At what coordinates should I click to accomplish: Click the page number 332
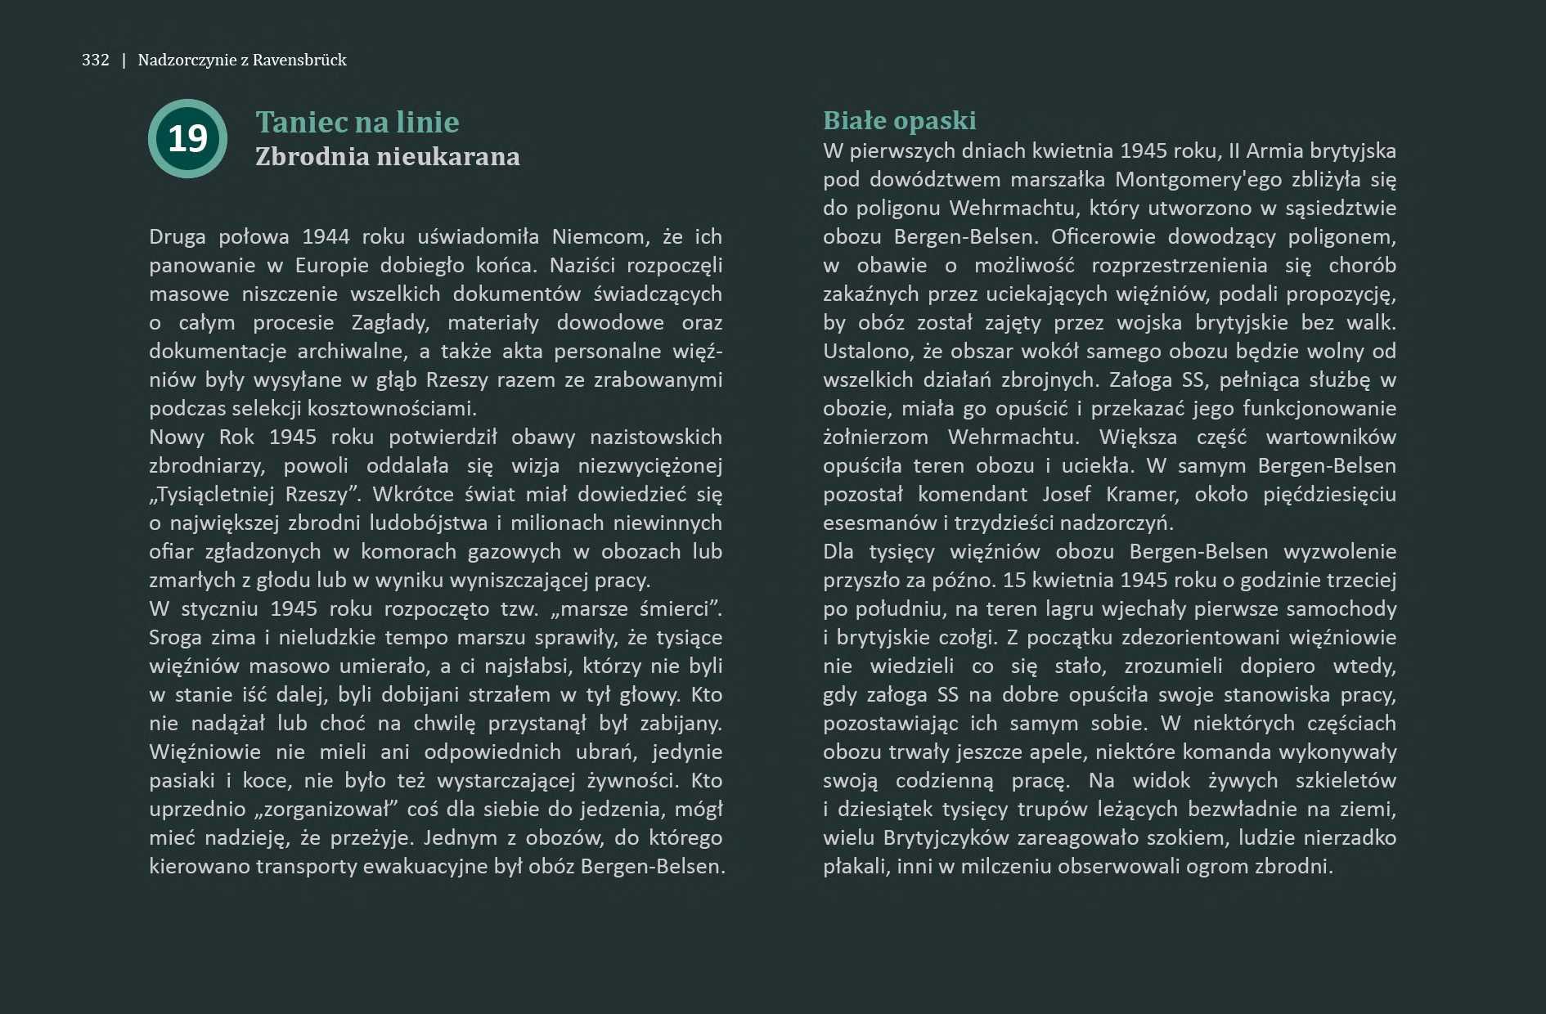95,60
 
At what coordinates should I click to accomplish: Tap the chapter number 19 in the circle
187,138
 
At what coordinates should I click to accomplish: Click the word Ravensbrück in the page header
299,60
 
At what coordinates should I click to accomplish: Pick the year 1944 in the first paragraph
326,236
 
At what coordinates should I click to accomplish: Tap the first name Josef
1066,494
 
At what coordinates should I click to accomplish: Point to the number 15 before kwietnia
1013,580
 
